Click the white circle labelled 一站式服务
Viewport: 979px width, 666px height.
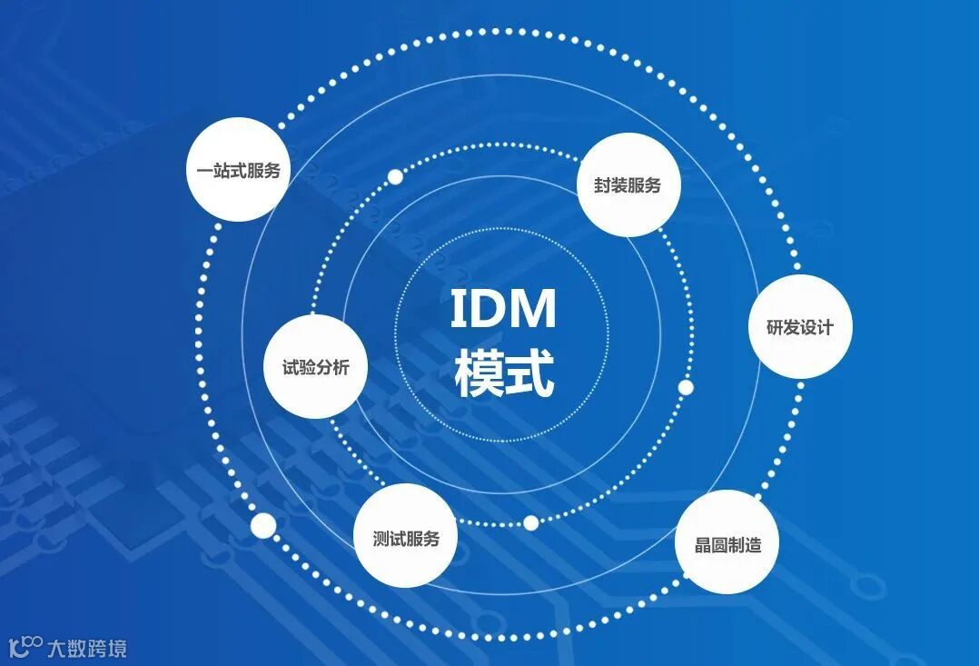pyautogui.click(x=238, y=170)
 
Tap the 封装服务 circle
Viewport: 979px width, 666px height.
pyautogui.click(x=628, y=185)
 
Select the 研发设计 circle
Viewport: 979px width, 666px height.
pyautogui.click(x=800, y=327)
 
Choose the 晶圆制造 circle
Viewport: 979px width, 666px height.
pyautogui.click(x=727, y=543)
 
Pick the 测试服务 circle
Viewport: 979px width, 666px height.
pyautogui.click(x=405, y=537)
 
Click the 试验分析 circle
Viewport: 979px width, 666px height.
pyautogui.click(x=315, y=367)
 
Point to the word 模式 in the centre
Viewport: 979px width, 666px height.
pyautogui.click(x=504, y=373)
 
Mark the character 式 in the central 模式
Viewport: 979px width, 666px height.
pyautogui.click(x=529, y=373)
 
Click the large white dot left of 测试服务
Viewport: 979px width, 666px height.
pyautogui.click(x=262, y=524)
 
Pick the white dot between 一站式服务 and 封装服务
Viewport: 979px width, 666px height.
pyautogui.click(x=395, y=176)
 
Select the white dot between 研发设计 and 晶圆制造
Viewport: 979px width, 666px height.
pyautogui.click(x=686, y=388)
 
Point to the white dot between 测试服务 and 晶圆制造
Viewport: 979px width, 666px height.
pyautogui.click(x=530, y=522)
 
